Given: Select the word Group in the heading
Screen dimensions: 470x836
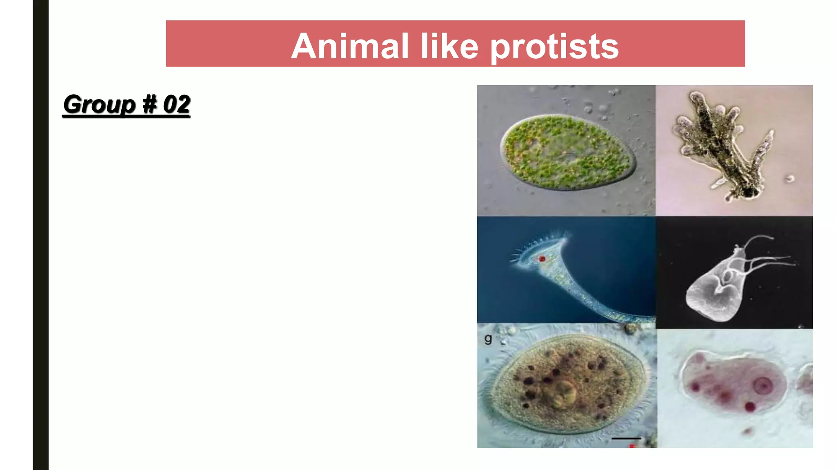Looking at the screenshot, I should tap(99, 104).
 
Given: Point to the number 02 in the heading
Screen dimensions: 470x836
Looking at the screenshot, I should tap(176, 104).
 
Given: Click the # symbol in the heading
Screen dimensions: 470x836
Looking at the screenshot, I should tap(149, 104).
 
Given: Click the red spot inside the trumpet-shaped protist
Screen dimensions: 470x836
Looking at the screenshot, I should tap(542, 259).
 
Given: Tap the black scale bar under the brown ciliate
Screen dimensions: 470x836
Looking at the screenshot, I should tap(626, 439).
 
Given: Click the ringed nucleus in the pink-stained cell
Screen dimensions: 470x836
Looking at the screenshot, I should tap(762, 385).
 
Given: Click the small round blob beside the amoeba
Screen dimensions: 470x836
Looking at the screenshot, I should tap(790, 179).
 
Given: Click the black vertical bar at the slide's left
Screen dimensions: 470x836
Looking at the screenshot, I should tap(40, 235).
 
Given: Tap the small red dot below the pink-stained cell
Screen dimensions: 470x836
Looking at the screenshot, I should tap(748, 430).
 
